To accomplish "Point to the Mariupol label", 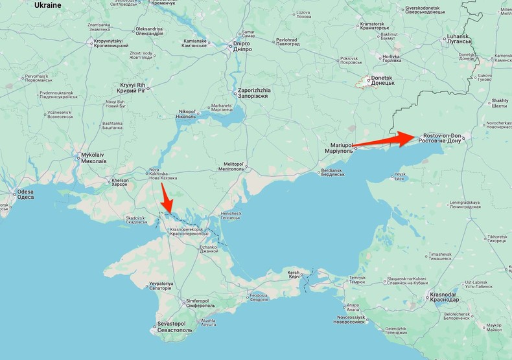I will [x=338, y=148].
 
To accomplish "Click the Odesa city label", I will [x=25, y=194].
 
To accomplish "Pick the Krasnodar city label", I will [x=445, y=297].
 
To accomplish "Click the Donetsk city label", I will [x=382, y=82].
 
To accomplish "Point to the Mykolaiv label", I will [x=93, y=158].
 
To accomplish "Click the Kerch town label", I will [x=294, y=275].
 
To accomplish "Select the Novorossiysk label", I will [x=351, y=320].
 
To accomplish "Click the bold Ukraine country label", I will [x=47, y=5].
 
